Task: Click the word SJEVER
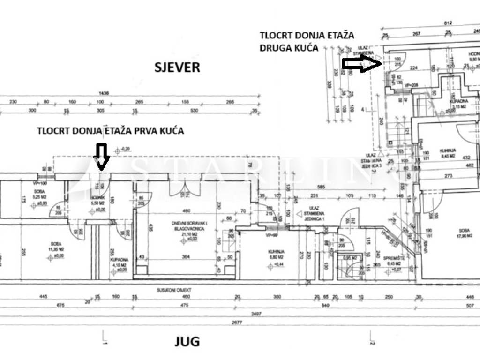click(177, 67)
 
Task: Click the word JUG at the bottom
click(187, 341)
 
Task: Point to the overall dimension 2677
click(240, 323)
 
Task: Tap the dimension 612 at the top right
click(449, 23)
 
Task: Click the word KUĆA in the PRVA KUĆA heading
click(171, 132)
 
